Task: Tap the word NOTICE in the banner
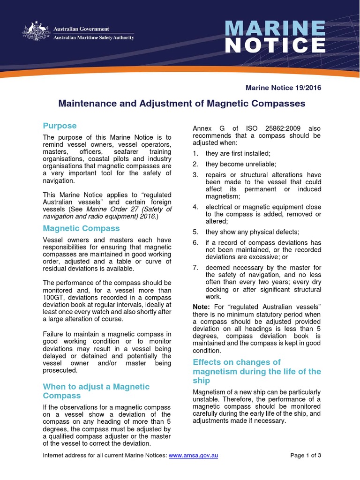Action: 275,46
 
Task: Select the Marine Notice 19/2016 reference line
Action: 284,88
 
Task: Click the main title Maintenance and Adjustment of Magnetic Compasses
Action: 182,103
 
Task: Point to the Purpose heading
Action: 60,126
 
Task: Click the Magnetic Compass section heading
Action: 81,228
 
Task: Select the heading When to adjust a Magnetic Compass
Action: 96,391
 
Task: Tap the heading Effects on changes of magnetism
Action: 256,371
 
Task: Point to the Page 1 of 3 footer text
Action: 306,455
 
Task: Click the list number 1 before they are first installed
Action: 195,153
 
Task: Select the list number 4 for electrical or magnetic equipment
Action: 195,206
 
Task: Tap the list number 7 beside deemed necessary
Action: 195,268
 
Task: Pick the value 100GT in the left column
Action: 54,298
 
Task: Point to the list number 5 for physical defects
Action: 195,232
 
